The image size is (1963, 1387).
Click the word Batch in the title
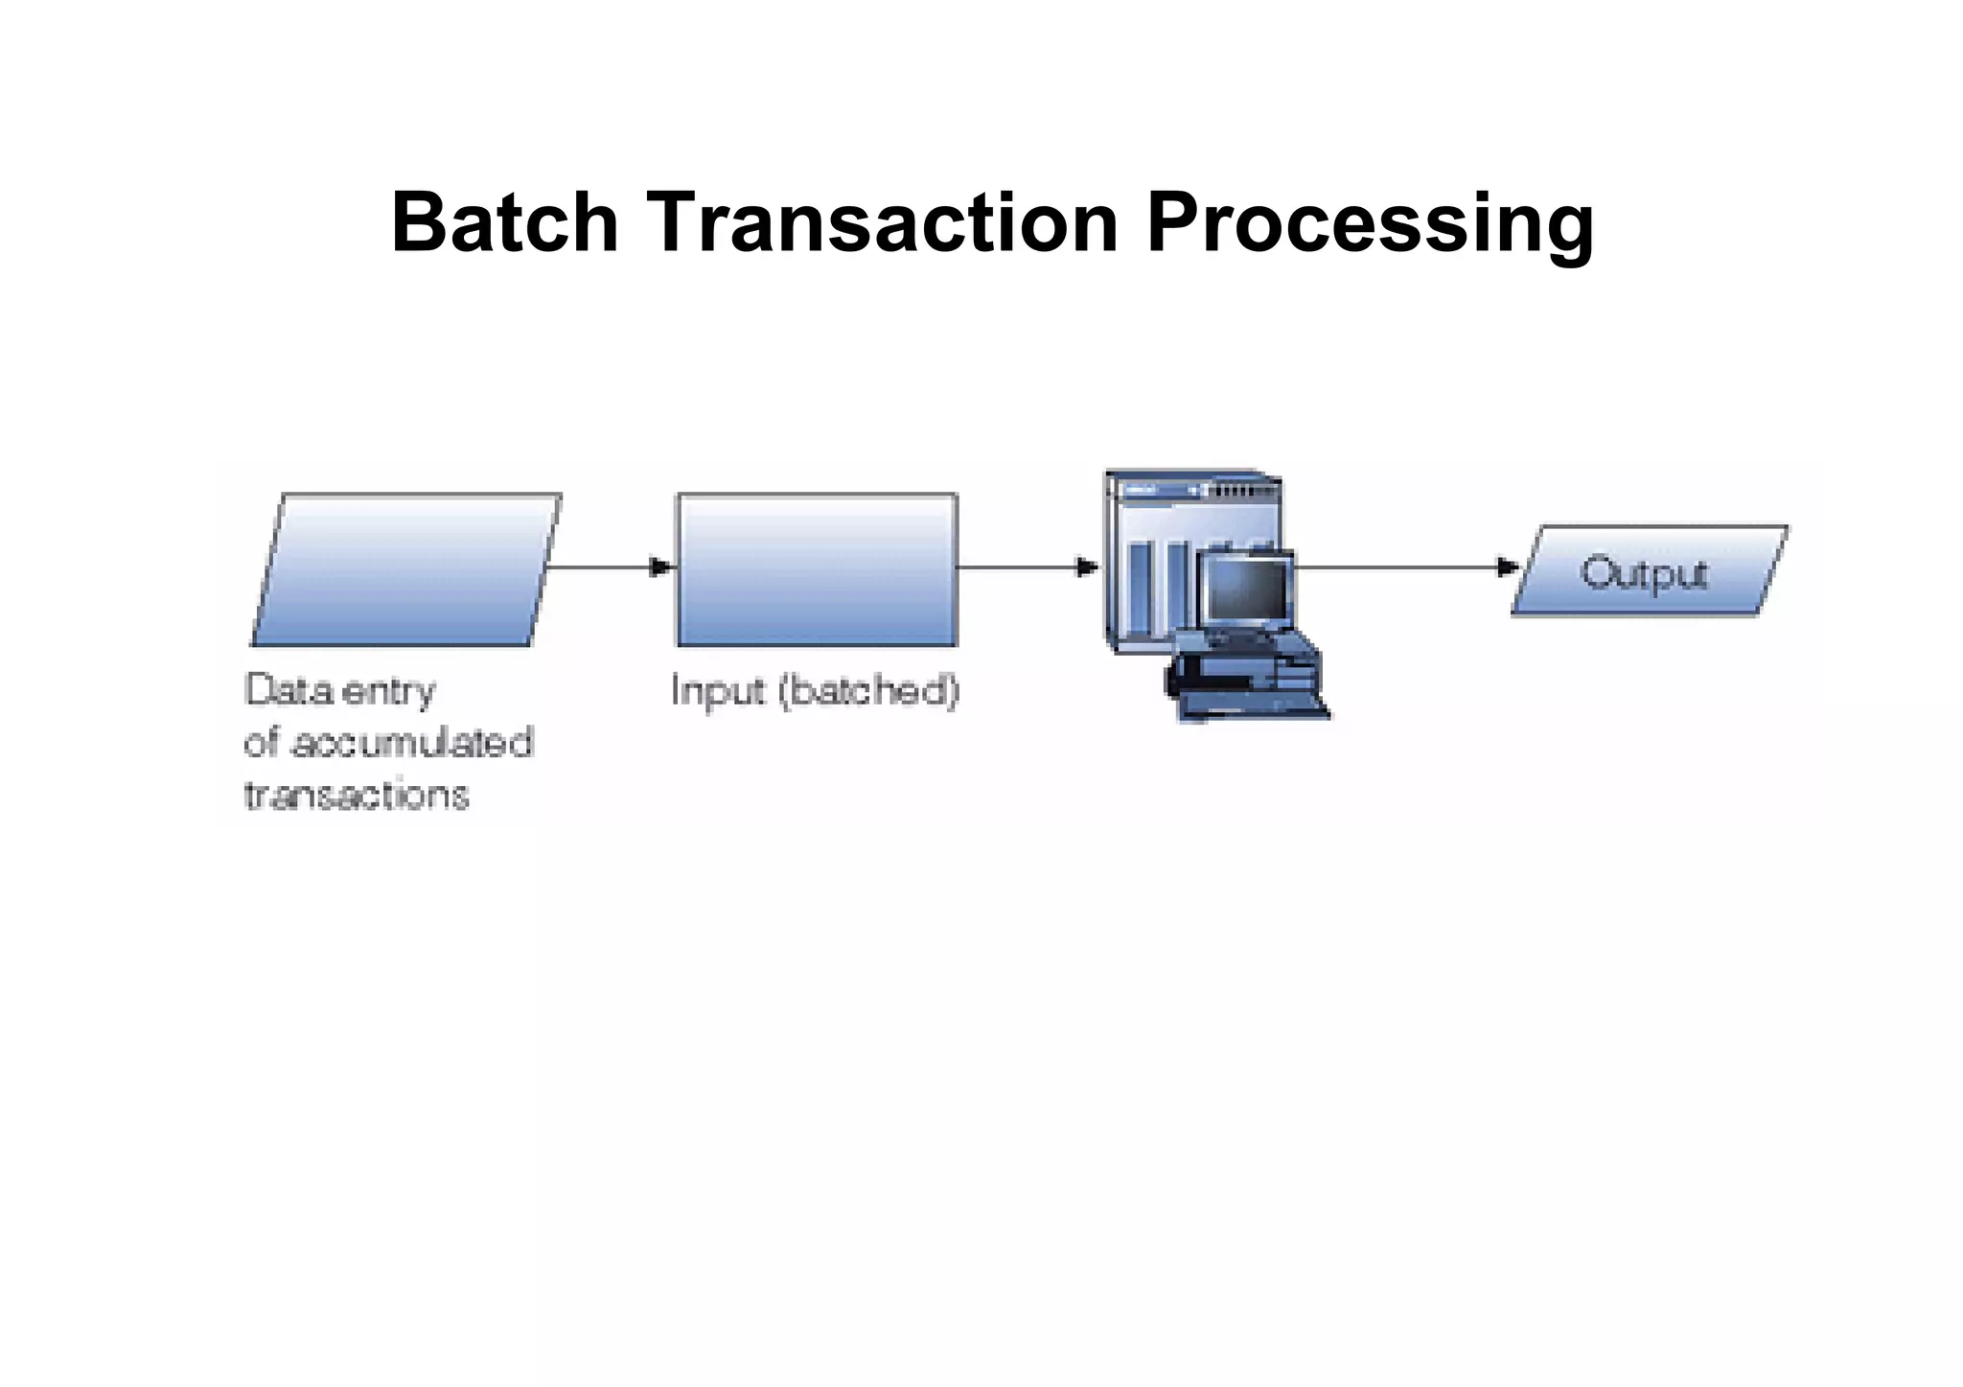505,222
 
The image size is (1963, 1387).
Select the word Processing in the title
1370,225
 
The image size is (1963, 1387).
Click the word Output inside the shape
1644,574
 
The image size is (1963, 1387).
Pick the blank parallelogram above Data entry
405,569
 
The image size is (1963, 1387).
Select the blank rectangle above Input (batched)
817,569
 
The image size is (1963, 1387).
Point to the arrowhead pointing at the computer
1087,567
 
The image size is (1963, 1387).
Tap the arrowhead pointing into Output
1509,567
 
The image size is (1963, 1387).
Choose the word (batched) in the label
868,691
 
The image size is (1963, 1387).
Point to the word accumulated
411,743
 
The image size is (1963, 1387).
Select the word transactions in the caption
357,795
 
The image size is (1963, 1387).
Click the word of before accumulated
262,743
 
